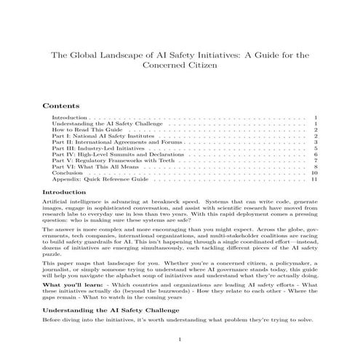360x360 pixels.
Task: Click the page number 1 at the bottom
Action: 180,340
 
